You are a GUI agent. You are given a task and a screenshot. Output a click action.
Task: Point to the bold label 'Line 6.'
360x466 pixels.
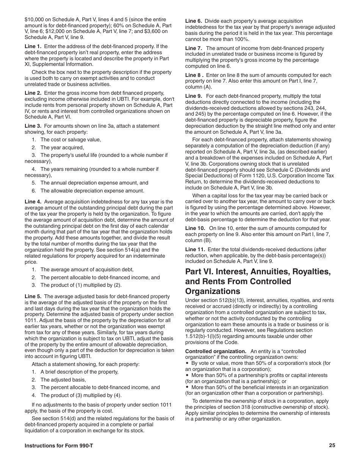(193, 21)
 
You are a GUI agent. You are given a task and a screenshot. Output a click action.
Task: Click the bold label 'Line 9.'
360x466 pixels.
(193, 97)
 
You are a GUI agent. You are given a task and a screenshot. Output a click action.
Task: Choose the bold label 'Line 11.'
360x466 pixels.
(195, 250)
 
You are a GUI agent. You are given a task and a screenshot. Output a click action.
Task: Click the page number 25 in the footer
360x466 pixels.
(332, 446)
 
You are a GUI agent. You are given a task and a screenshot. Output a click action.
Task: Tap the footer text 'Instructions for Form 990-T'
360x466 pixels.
(59, 446)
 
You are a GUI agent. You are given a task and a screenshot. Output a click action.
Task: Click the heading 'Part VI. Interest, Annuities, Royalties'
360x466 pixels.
(258, 272)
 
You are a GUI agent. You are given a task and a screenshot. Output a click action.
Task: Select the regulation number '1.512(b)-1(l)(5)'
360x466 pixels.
(203, 336)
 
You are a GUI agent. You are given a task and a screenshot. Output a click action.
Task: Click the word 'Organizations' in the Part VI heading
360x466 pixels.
(212, 291)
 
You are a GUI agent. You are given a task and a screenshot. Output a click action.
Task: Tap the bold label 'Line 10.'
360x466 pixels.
(195, 228)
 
